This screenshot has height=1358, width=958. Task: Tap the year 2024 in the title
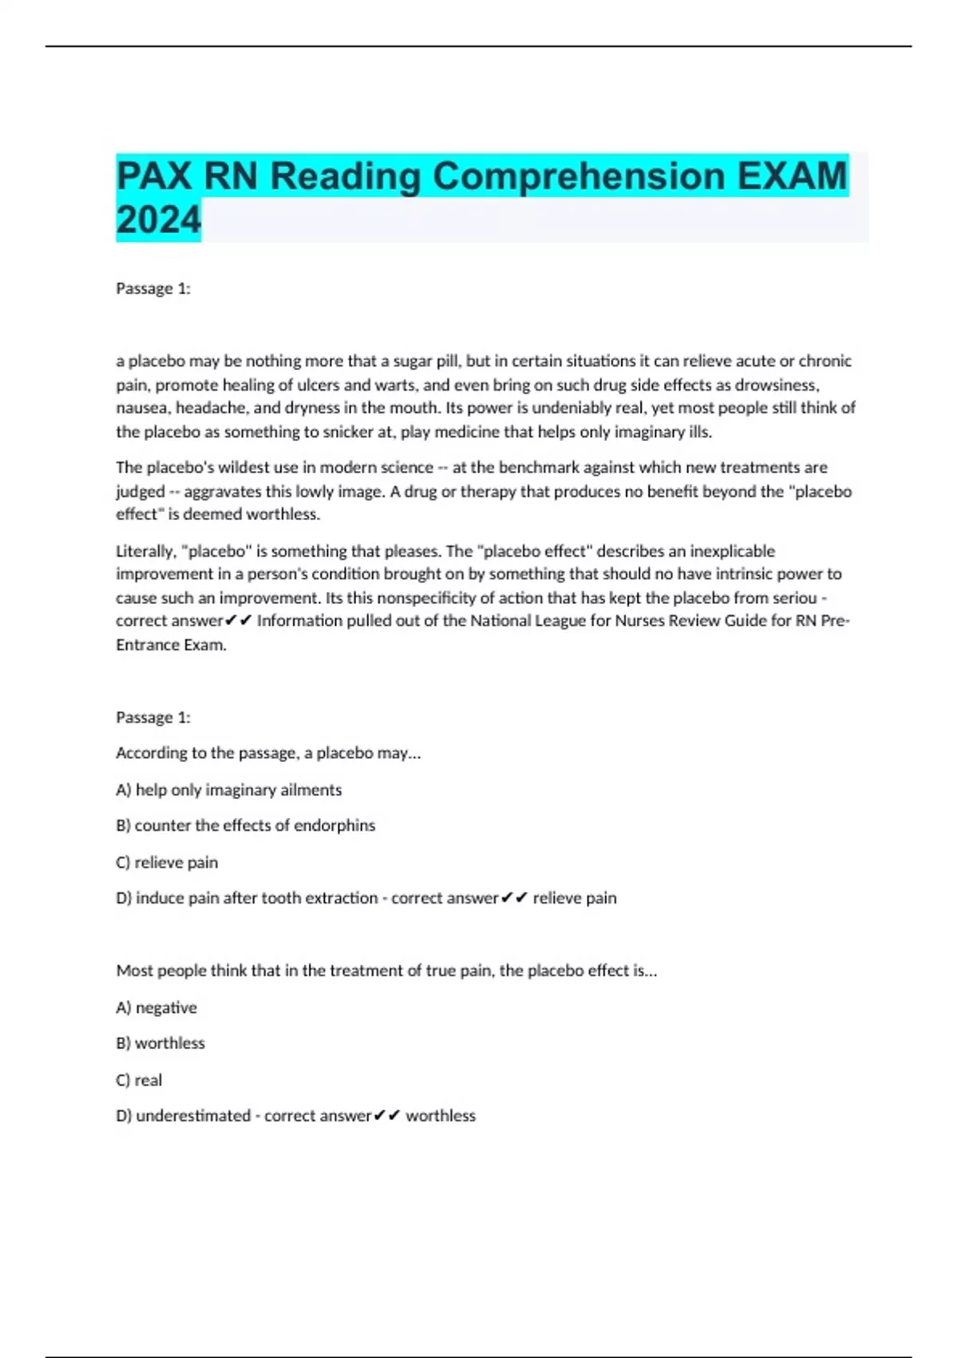[158, 220]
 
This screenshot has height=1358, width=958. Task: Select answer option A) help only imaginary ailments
[229, 789]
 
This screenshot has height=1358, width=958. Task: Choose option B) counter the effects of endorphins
[245, 825]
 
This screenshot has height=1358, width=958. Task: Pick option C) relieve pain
[167, 862]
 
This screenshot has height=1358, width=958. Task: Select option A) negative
[156, 1007]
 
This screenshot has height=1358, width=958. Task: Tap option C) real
[139, 1080]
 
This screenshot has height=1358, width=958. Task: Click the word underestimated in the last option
[193, 1116]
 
